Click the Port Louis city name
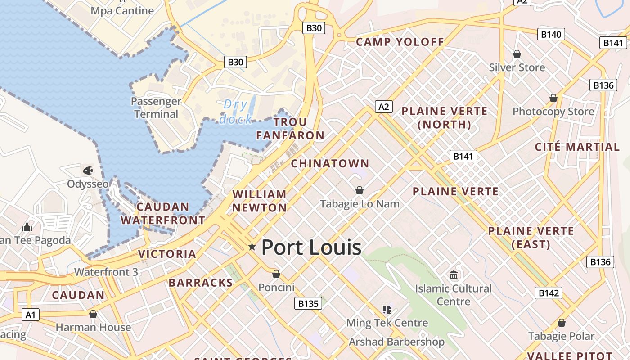(311, 247)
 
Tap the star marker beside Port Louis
(252, 247)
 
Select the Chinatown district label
(330, 163)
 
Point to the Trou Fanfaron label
(290, 129)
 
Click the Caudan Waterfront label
(163, 214)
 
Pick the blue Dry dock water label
(235, 112)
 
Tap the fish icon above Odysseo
(88, 171)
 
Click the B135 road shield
(309, 303)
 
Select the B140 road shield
(551, 34)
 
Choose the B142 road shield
(549, 293)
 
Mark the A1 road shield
(30, 315)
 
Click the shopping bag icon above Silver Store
(517, 54)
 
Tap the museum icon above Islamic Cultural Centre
(454, 274)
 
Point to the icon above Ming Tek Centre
(387, 309)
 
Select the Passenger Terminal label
(156, 108)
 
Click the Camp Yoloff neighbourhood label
(400, 42)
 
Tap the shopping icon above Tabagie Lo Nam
(360, 190)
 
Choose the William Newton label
(260, 201)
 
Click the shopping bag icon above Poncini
(276, 274)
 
